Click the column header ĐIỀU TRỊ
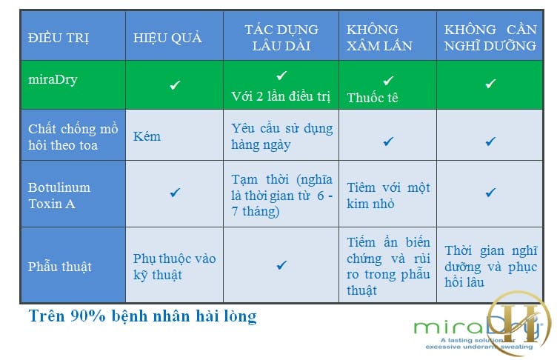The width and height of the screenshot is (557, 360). [59, 38]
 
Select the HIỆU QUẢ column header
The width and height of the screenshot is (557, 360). [167, 38]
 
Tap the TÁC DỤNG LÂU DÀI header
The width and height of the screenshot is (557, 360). [281, 37]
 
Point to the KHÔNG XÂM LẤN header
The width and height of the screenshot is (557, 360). [379, 37]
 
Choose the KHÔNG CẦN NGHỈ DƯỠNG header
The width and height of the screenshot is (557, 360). [490, 37]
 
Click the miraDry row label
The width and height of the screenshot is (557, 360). [53, 79]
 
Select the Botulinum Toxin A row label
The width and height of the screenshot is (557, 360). [59, 196]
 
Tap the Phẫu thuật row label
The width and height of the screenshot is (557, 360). [60, 266]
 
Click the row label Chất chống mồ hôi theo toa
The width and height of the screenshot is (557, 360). [73, 137]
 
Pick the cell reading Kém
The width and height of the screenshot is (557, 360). [147, 136]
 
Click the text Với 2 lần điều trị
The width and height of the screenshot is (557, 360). [281, 96]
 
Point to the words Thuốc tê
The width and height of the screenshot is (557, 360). [373, 98]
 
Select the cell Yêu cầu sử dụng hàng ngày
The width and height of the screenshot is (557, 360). [282, 136]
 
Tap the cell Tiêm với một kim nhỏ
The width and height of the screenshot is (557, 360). [388, 196]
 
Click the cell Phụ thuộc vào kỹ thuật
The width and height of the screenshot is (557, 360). [174, 267]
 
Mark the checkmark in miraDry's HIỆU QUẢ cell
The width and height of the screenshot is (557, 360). [175, 85]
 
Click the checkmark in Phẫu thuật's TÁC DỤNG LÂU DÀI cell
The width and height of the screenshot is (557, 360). [281, 265]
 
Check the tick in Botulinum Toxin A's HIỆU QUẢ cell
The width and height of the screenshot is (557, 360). [175, 193]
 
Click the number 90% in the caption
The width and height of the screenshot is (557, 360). [87, 316]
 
